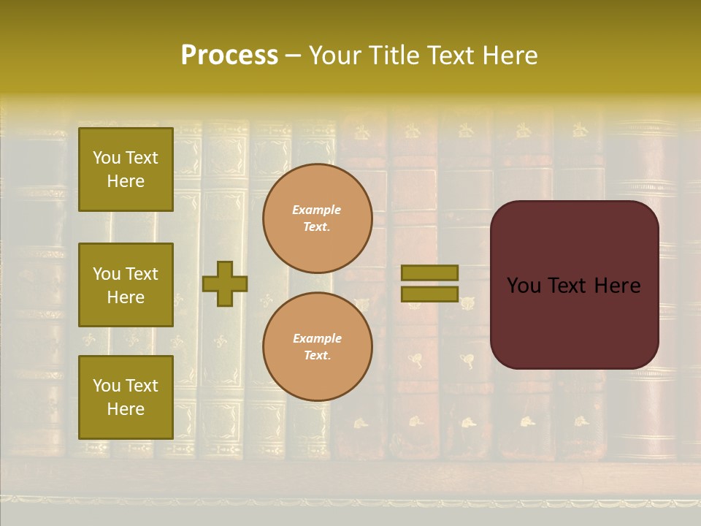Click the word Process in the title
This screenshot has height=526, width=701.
click(x=229, y=56)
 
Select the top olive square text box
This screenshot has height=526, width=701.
click(x=126, y=169)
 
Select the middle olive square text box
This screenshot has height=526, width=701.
click(x=126, y=285)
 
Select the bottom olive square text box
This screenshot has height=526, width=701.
click(x=126, y=397)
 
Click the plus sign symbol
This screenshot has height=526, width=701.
click(x=225, y=283)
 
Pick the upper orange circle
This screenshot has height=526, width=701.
click(x=318, y=218)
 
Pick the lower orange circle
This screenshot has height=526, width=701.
click(x=318, y=347)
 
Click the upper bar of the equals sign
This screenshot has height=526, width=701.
click(x=430, y=273)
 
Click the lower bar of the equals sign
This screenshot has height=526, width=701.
click(x=430, y=294)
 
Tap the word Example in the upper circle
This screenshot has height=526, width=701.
click(x=317, y=210)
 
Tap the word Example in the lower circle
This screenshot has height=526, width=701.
click(x=317, y=338)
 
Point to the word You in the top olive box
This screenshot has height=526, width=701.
click(x=107, y=158)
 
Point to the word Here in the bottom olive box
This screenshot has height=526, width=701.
click(x=126, y=409)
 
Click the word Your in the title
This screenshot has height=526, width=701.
click(x=335, y=56)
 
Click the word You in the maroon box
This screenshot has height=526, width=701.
click(x=524, y=286)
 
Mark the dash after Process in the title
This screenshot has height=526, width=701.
click(x=294, y=56)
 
